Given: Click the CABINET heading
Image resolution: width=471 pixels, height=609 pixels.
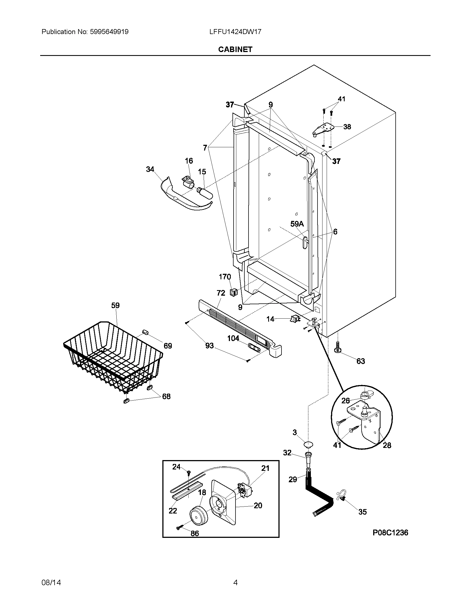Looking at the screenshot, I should coord(235,49).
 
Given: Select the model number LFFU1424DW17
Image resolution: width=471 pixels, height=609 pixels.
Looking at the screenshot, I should coord(235,32).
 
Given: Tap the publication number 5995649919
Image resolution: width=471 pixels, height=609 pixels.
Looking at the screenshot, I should coord(109,32).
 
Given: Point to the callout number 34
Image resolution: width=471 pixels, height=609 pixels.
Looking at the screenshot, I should coord(150,169).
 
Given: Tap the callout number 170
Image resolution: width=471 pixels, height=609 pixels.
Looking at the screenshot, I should coord(225,277).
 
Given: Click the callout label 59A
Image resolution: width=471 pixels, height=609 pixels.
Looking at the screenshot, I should coord(297,224).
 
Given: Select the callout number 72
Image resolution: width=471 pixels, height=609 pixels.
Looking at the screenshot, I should coord(221,293).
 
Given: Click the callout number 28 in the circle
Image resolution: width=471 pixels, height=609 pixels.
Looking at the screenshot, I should coord(387,445).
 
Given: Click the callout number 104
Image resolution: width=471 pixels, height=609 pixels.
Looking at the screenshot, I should coord(233,338).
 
